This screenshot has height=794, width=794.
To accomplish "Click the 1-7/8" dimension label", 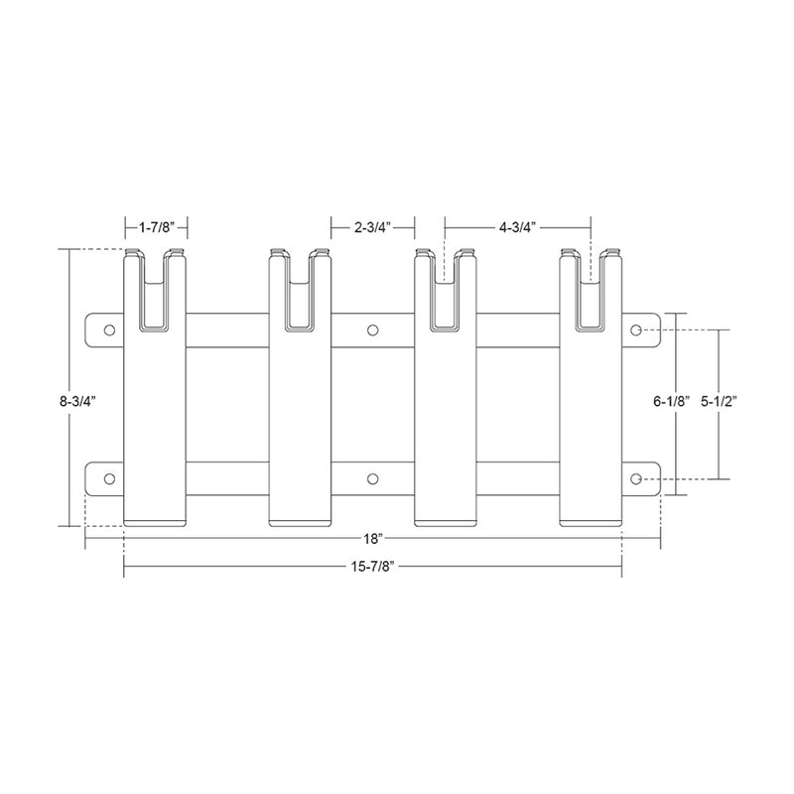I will coord(157,227).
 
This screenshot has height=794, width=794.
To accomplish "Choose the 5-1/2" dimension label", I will coord(722,402).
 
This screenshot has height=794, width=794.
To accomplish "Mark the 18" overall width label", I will coord(372,539).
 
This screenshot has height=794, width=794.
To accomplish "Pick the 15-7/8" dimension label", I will coord(372,568).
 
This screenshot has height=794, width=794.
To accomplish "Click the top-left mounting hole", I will coord(109,330).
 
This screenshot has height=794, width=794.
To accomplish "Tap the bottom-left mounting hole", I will coord(109,479).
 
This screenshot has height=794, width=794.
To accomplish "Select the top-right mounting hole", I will coord(637,330).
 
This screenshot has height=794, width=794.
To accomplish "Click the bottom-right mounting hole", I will coord(637,479).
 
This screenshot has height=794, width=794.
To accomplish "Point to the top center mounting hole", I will coord(373,330).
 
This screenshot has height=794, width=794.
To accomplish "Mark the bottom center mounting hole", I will coord(373,479).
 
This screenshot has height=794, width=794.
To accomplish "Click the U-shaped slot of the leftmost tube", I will coord(156,298).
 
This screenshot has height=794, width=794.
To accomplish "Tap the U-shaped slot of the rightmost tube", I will coord(593,298).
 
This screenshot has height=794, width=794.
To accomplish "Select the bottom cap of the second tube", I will coord(301,520).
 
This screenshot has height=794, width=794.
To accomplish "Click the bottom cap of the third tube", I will coord(447,520).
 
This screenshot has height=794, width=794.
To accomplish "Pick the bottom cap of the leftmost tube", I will coord(156,520).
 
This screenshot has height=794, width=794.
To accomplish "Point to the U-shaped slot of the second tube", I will coord(301,298).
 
